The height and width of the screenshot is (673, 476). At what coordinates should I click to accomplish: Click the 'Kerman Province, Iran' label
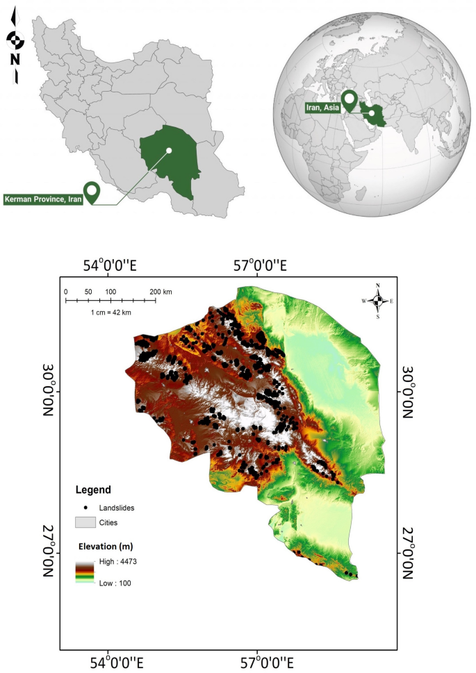pos(43,199)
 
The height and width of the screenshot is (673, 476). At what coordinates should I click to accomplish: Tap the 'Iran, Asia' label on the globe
pos(323,107)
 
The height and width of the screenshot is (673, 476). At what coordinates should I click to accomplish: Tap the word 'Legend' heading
pos(93,490)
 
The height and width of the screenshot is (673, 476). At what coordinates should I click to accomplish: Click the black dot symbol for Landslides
pos(85,508)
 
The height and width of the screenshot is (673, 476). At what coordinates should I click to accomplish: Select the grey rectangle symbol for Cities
pos(85,521)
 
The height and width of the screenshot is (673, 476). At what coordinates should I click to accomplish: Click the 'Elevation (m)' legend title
pos(101,546)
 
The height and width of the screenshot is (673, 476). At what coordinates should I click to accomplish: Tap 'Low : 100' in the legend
pos(114,583)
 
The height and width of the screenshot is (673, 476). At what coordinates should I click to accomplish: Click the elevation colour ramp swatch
pos(85,572)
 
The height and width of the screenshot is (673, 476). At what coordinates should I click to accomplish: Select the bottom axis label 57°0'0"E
pos(258,658)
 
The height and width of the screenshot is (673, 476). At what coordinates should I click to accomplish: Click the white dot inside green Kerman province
pos(168,150)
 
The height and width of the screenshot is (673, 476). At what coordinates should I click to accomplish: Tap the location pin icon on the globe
pos(351,100)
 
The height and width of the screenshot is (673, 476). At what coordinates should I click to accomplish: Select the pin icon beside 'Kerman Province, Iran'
pos(91,192)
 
